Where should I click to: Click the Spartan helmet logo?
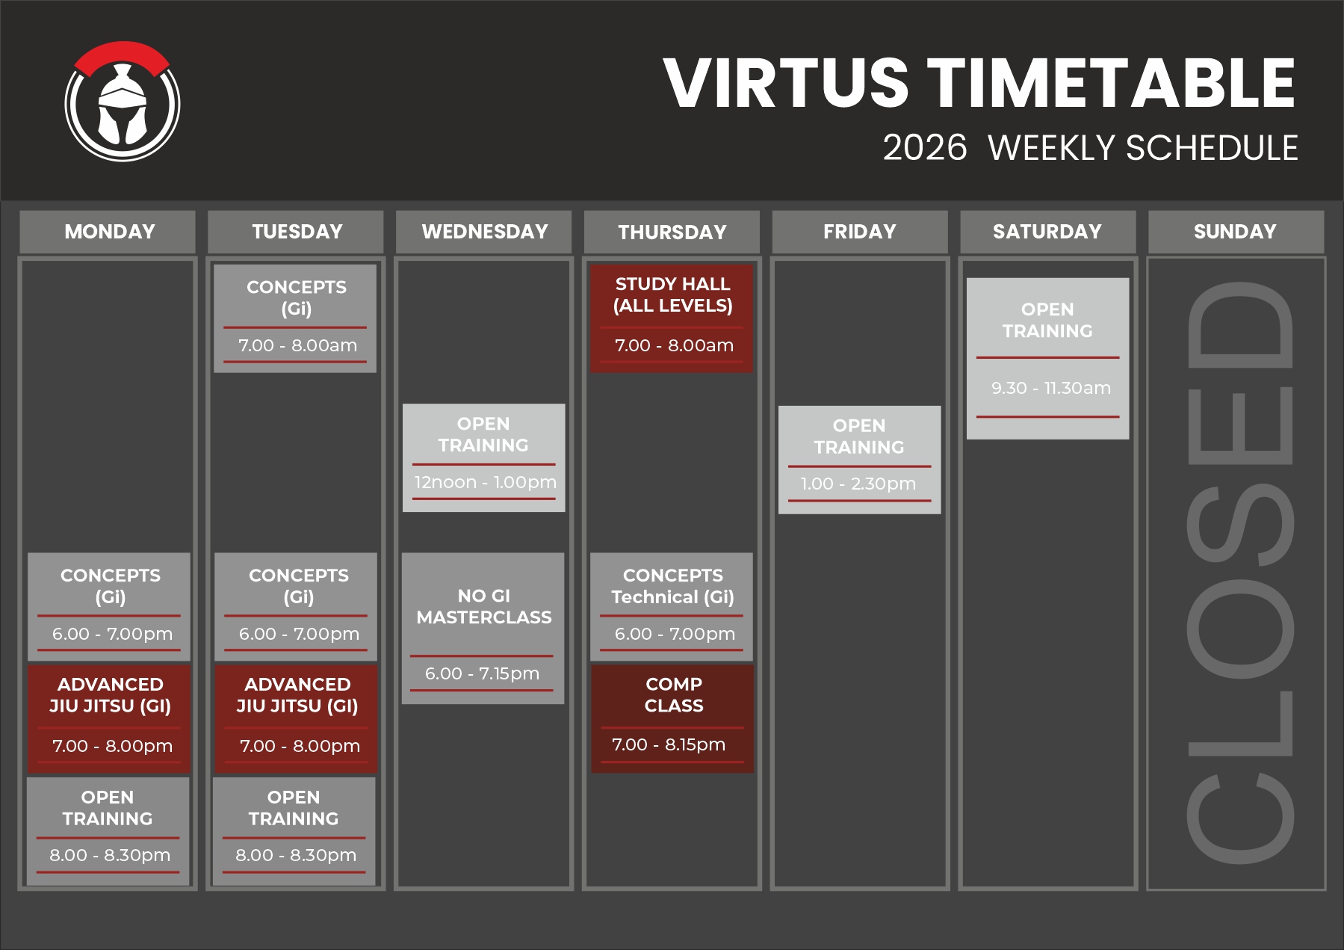pos(123,102)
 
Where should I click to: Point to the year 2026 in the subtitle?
pos(925,147)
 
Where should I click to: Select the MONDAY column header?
pos(110,232)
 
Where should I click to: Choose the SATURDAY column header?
pos(1047,232)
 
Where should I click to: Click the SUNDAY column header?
pos(1235,232)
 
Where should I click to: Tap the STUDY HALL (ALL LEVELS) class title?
pos(673,294)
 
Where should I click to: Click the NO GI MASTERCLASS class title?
pos(484,606)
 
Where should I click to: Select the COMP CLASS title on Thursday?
pos(674,694)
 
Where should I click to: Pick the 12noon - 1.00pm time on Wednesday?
pos(486,482)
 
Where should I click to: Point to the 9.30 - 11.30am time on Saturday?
pos(1051,388)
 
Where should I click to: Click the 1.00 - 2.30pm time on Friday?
pos(858,484)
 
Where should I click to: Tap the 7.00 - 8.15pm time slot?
pos(669,744)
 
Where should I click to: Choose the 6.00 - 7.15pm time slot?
pos(482,673)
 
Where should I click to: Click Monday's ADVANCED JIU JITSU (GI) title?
pos(111,695)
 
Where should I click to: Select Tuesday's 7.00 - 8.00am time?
pos(297,345)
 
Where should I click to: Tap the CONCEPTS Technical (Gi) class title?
pos(673,586)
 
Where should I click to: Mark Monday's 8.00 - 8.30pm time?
pos(110,855)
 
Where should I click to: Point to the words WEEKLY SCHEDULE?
pos(1143,147)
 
